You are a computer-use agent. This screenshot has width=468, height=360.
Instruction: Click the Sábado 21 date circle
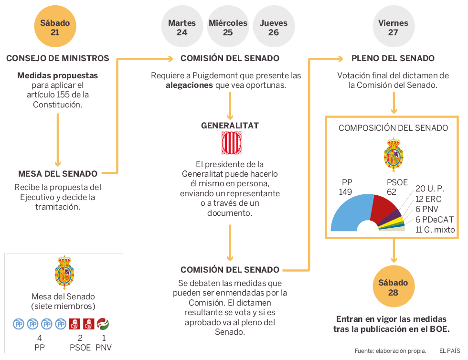coord(55,27)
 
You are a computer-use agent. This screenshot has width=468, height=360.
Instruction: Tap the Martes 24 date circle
coord(182,27)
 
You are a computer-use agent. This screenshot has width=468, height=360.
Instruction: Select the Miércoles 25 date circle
coord(228,27)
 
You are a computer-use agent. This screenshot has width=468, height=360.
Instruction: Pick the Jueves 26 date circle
coord(274,27)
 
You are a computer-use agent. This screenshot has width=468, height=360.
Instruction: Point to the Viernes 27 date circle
coord(393,27)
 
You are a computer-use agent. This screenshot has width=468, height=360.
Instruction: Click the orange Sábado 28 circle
coord(393,287)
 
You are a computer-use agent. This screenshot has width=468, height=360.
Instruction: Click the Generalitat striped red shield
coord(230,143)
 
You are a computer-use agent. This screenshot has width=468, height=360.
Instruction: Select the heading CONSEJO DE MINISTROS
coord(58,58)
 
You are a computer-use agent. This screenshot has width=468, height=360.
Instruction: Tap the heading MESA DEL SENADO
coord(58,174)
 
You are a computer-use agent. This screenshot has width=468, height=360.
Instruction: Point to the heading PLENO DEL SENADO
coord(393,58)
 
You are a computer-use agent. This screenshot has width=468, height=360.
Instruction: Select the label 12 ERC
coord(428,199)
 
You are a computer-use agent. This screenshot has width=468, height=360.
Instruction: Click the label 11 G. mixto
coord(435,230)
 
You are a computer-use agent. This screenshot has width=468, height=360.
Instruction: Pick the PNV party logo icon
coord(103,324)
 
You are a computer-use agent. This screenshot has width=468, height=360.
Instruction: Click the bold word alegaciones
coord(189,85)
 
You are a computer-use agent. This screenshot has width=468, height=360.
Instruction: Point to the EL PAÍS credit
coord(449,351)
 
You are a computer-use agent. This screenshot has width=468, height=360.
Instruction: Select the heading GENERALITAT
coord(230,126)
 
